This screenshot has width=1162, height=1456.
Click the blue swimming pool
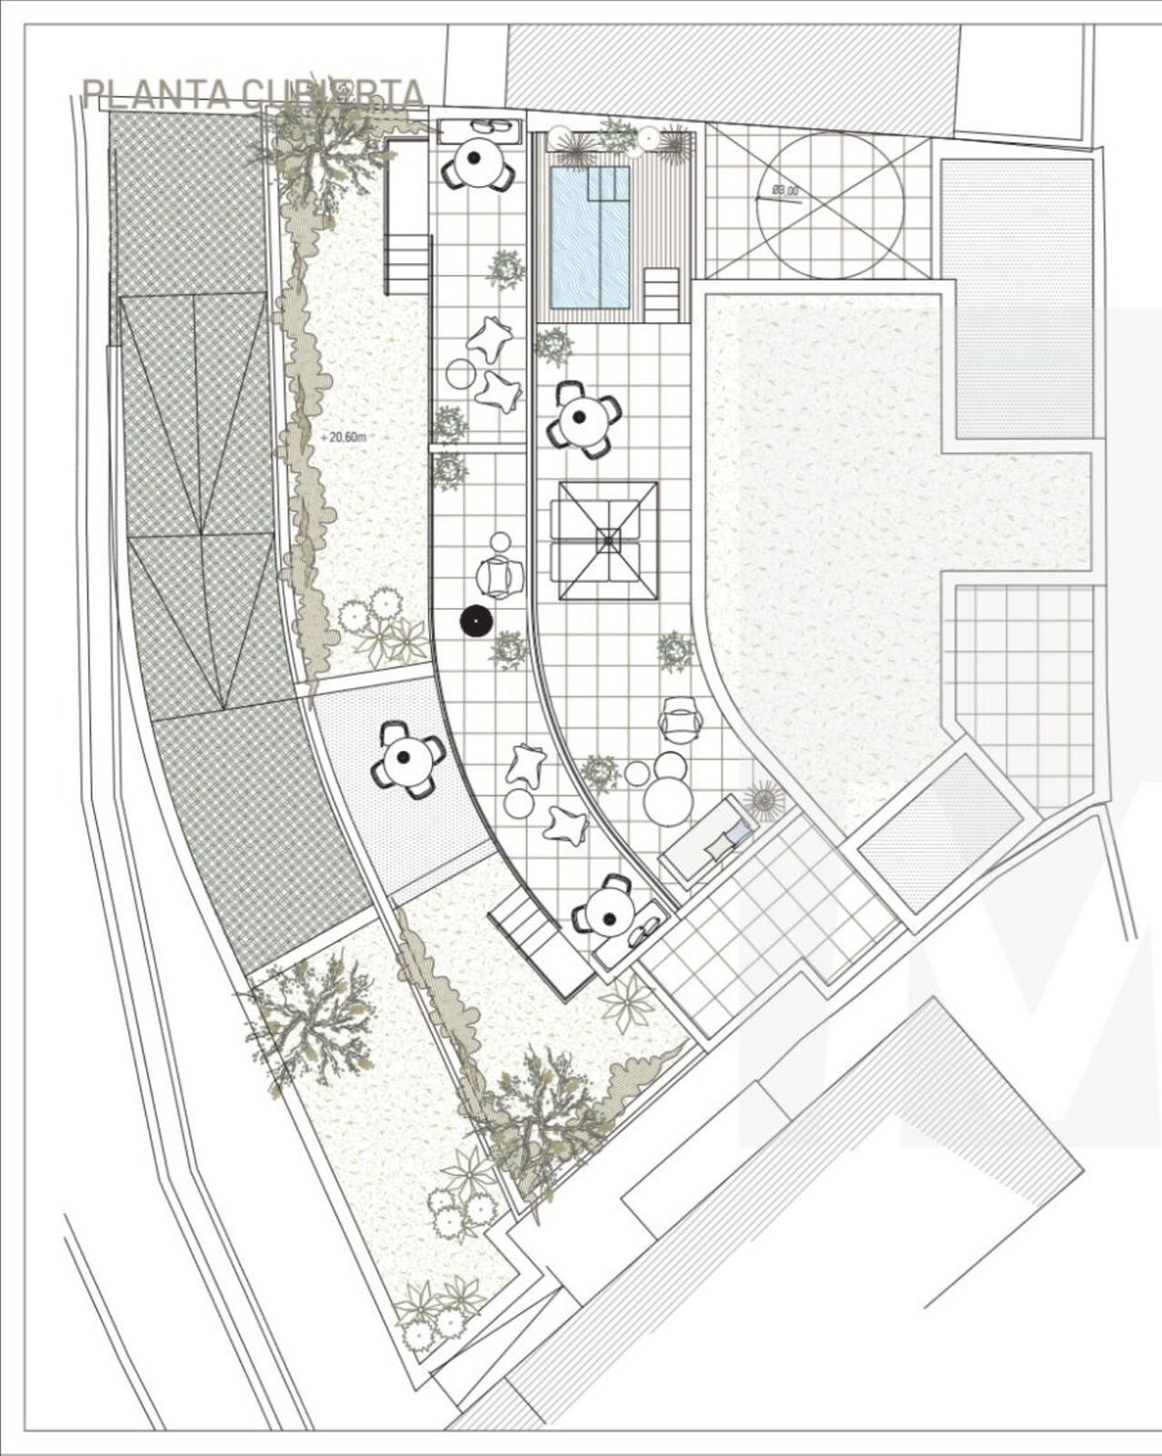(x=590, y=233)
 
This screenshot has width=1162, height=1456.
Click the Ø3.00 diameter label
(x=784, y=192)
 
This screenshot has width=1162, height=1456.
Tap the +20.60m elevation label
(x=347, y=437)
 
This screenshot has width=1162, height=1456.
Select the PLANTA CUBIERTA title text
(x=253, y=94)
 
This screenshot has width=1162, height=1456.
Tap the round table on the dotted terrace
(x=408, y=760)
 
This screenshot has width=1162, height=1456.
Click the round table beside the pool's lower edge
(x=581, y=418)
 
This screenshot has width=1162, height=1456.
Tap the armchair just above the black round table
(x=499, y=577)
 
